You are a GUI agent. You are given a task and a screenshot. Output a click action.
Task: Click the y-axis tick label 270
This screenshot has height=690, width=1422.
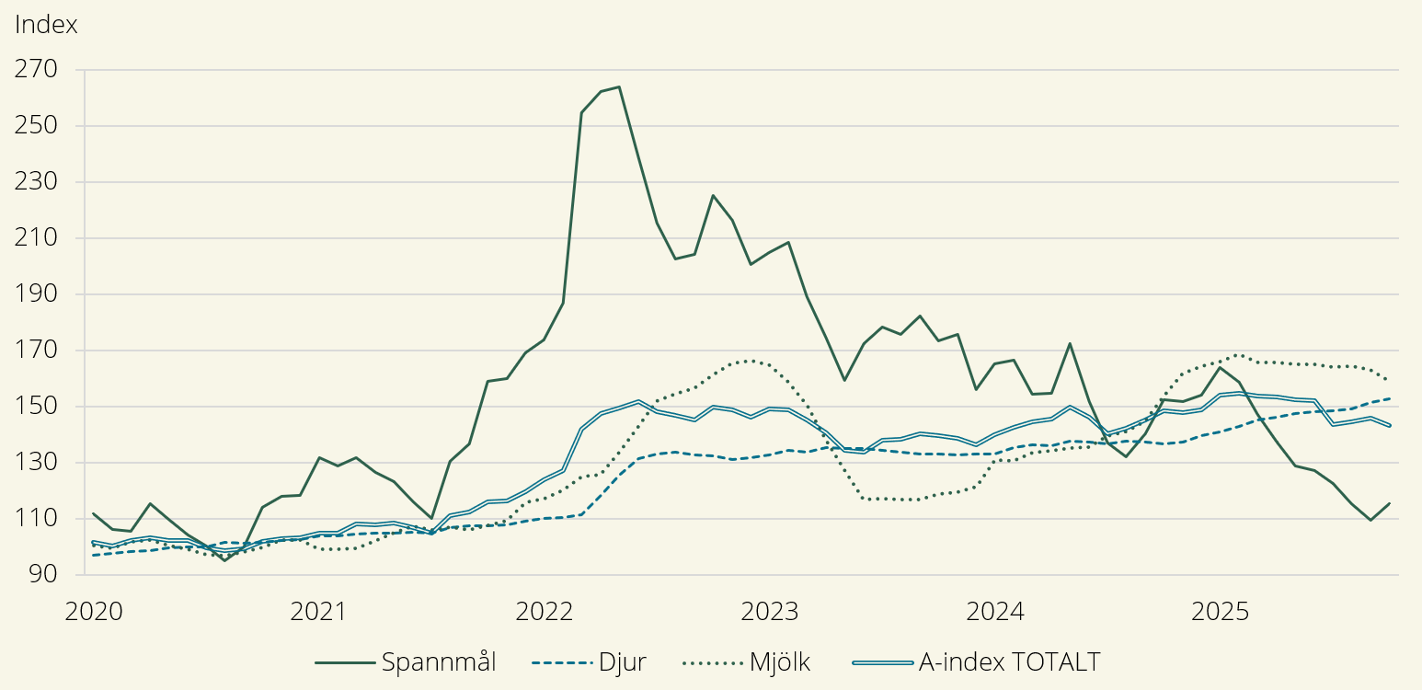pyautogui.click(x=37, y=70)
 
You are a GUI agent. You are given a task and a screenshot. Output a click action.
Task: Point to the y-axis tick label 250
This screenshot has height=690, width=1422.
pyautogui.click(x=37, y=126)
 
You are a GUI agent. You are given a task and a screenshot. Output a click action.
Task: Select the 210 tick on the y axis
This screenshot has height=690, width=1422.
pyautogui.click(x=37, y=238)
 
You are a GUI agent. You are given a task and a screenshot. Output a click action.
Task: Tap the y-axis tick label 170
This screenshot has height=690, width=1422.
pyautogui.click(x=37, y=351)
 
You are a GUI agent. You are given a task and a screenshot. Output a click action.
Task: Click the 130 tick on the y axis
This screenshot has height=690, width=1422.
pyautogui.click(x=37, y=463)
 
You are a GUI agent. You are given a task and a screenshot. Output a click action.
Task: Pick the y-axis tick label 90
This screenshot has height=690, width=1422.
pyautogui.click(x=42, y=575)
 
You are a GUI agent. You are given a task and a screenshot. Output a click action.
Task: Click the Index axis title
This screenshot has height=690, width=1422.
pyautogui.click(x=46, y=25)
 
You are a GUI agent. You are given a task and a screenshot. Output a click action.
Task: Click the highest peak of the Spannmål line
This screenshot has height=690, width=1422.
pyautogui.click(x=619, y=86)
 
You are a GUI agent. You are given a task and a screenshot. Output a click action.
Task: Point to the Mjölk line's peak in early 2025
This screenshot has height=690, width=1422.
pyautogui.click(x=1239, y=354)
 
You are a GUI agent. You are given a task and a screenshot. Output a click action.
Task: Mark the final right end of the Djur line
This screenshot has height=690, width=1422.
pyautogui.click(x=1389, y=398)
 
